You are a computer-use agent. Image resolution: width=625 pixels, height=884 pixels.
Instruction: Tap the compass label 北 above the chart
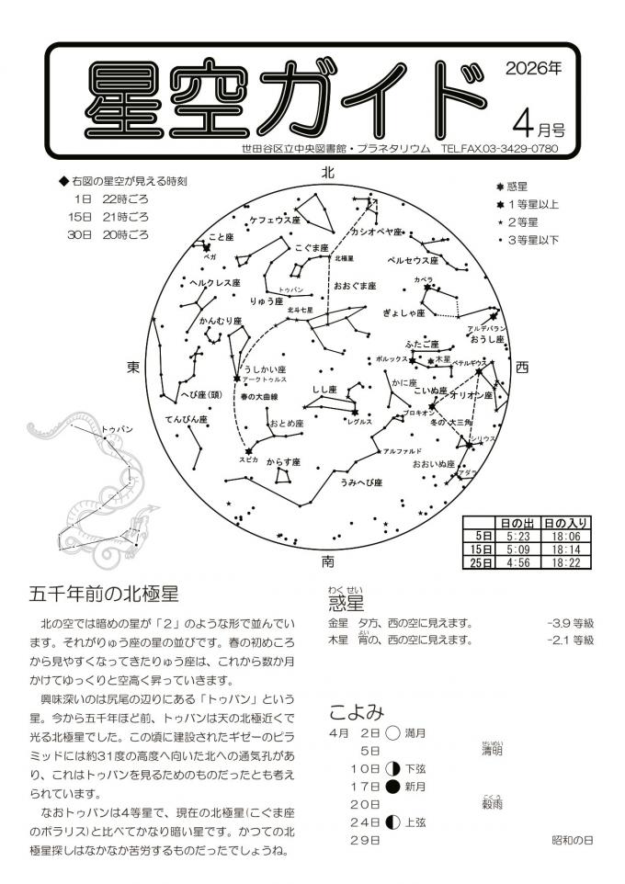tap(328, 173)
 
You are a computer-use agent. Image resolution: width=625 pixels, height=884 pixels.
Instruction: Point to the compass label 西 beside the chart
tap(522, 367)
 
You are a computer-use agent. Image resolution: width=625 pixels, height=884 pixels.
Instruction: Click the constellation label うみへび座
tap(360, 482)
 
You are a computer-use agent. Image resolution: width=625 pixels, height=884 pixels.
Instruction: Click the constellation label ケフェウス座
tap(275, 221)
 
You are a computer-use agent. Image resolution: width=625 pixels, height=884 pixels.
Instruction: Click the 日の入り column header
tap(567, 522)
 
